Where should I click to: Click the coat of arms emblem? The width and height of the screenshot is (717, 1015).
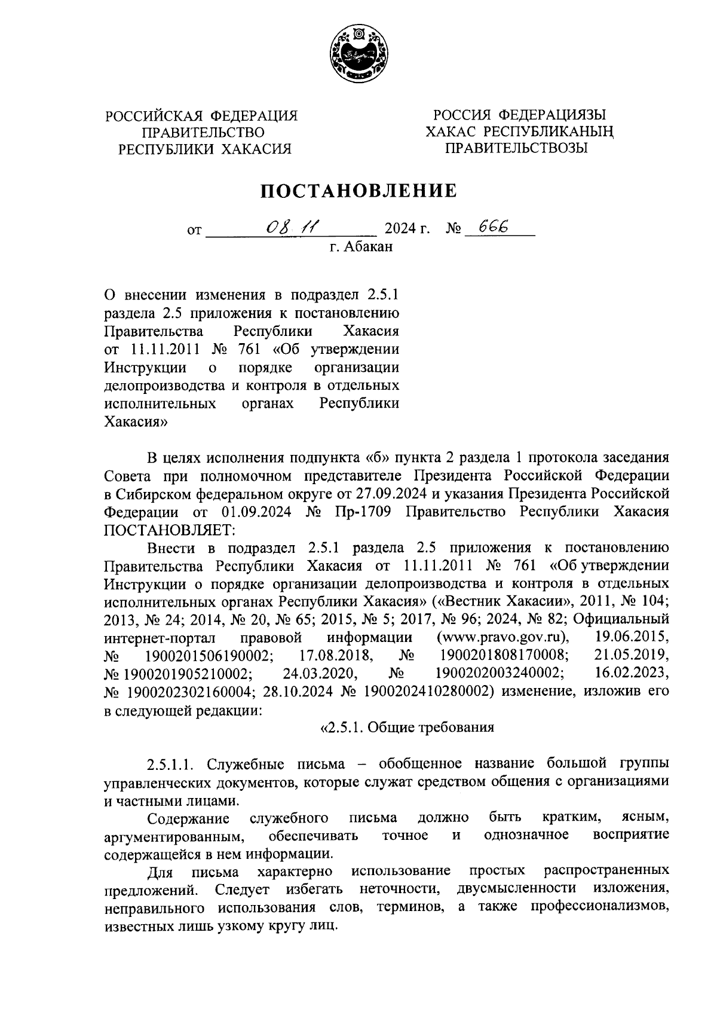pos(358,56)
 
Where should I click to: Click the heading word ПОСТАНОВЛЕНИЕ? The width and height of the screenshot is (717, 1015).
pos(358,191)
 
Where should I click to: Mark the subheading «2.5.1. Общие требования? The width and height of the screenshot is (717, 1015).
pos(407,727)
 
